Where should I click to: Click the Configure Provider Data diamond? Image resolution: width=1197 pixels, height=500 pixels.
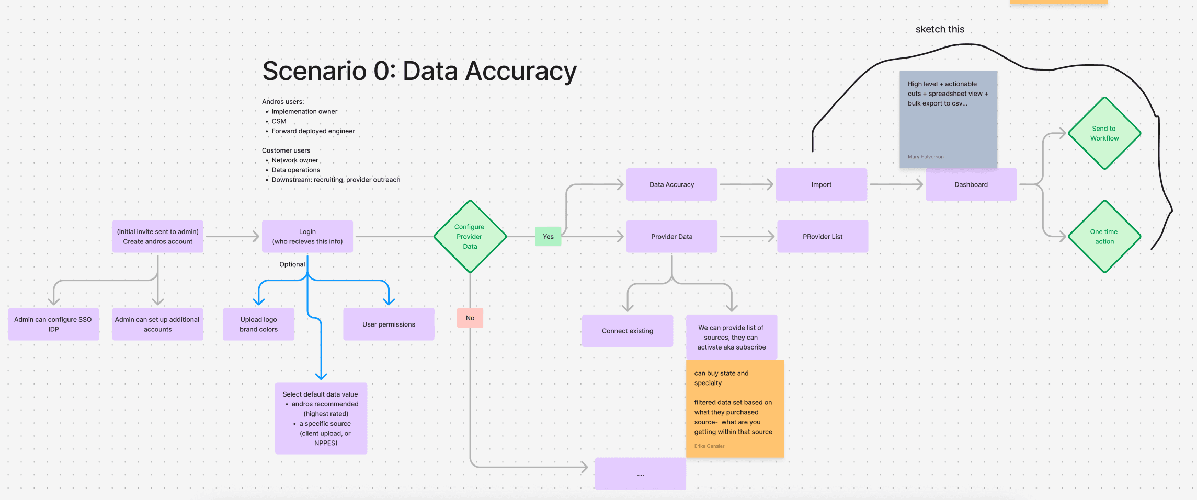point(470,237)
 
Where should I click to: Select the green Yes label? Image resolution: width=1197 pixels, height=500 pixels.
point(548,237)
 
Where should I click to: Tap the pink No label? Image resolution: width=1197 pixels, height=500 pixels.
point(470,318)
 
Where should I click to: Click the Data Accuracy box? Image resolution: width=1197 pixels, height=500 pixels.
point(671,184)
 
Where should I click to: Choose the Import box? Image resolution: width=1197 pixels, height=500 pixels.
point(821,184)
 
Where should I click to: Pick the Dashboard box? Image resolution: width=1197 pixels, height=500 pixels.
point(971,184)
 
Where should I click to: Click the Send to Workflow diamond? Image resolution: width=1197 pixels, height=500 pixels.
point(1104,133)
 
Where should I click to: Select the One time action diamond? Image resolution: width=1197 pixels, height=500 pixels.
point(1104,237)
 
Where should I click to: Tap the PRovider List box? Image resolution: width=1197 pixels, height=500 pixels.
point(822,237)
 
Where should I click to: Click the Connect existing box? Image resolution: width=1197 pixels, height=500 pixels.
point(627,331)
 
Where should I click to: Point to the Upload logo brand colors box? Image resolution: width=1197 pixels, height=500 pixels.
point(258,324)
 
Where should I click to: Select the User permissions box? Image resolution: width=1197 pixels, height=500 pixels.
point(389,324)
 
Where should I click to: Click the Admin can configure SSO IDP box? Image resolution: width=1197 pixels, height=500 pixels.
point(53,324)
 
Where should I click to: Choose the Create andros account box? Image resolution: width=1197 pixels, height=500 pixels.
point(157,237)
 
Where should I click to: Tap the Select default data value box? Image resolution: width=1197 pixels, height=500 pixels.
point(321,418)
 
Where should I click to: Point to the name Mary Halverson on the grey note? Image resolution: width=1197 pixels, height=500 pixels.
point(926,157)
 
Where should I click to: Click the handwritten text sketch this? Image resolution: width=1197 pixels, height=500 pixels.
point(940,29)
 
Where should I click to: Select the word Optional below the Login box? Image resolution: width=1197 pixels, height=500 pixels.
point(292,264)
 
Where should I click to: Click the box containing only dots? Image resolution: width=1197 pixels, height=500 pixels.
point(640,474)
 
